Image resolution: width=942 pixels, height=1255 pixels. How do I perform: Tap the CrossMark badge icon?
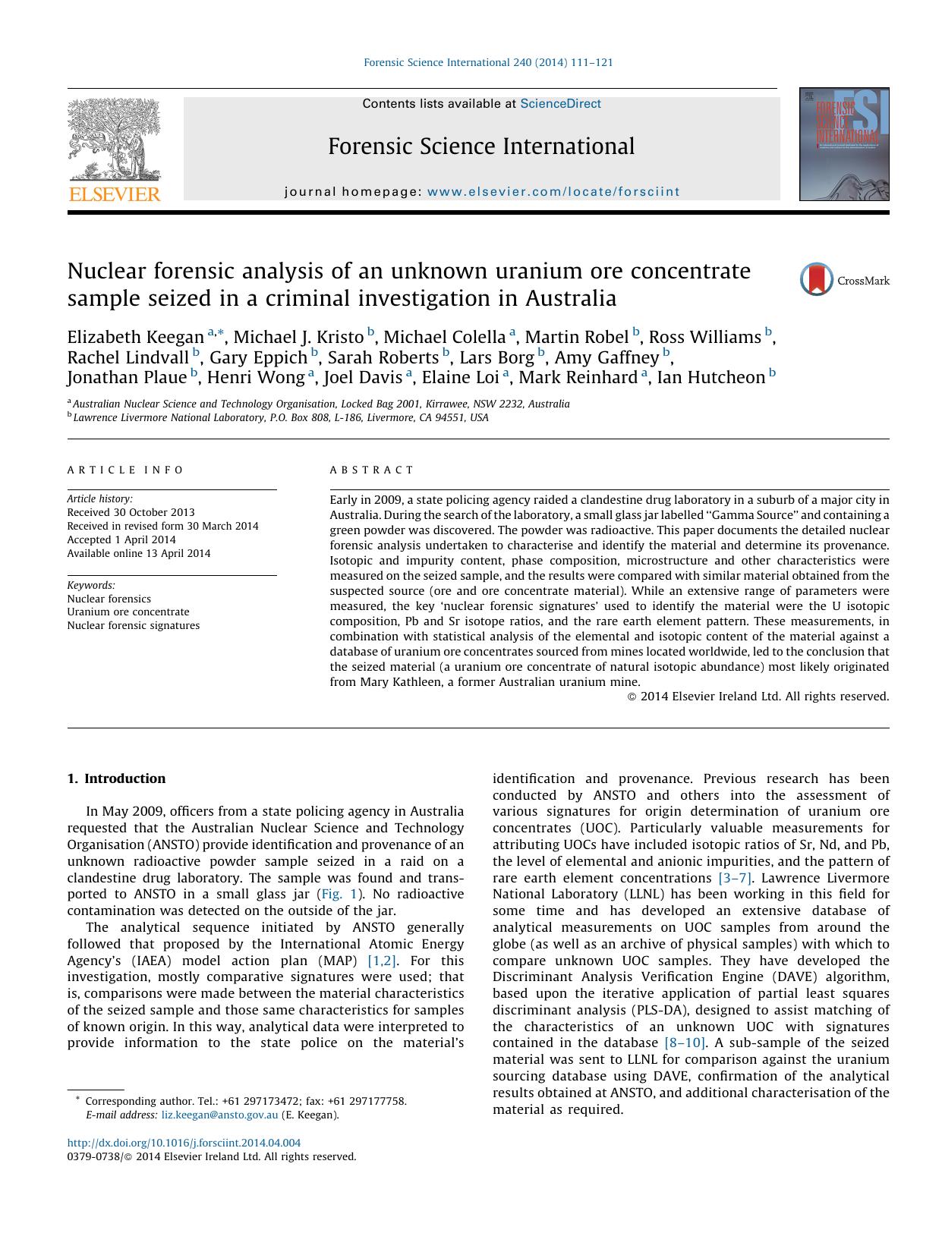pyautogui.click(x=817, y=280)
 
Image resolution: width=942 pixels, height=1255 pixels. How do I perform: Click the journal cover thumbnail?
pyautogui.click(x=843, y=144)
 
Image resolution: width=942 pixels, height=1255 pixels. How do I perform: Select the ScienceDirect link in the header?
pyautogui.click(x=560, y=104)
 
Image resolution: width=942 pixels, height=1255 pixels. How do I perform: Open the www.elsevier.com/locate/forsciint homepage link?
pyautogui.click(x=553, y=192)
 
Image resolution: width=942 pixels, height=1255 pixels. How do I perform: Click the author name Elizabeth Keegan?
pyautogui.click(x=135, y=337)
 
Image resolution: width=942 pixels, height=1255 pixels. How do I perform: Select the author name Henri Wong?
pyautogui.click(x=256, y=377)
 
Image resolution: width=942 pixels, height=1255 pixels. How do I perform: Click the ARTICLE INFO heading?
pyautogui.click(x=125, y=470)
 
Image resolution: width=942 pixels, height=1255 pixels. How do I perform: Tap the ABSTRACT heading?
pyautogui.click(x=372, y=470)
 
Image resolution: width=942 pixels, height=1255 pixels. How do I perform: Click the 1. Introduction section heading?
pyautogui.click(x=116, y=778)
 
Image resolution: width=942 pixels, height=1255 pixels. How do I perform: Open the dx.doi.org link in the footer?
pyautogui.click(x=184, y=1143)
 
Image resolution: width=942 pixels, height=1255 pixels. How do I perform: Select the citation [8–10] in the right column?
pyautogui.click(x=685, y=1043)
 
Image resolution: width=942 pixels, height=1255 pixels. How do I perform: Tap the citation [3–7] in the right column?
pyautogui.click(x=735, y=878)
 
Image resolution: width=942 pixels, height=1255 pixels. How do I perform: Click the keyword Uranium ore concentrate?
pyautogui.click(x=128, y=612)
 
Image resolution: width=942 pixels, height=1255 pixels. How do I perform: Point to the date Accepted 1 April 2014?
pyautogui.click(x=121, y=539)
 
